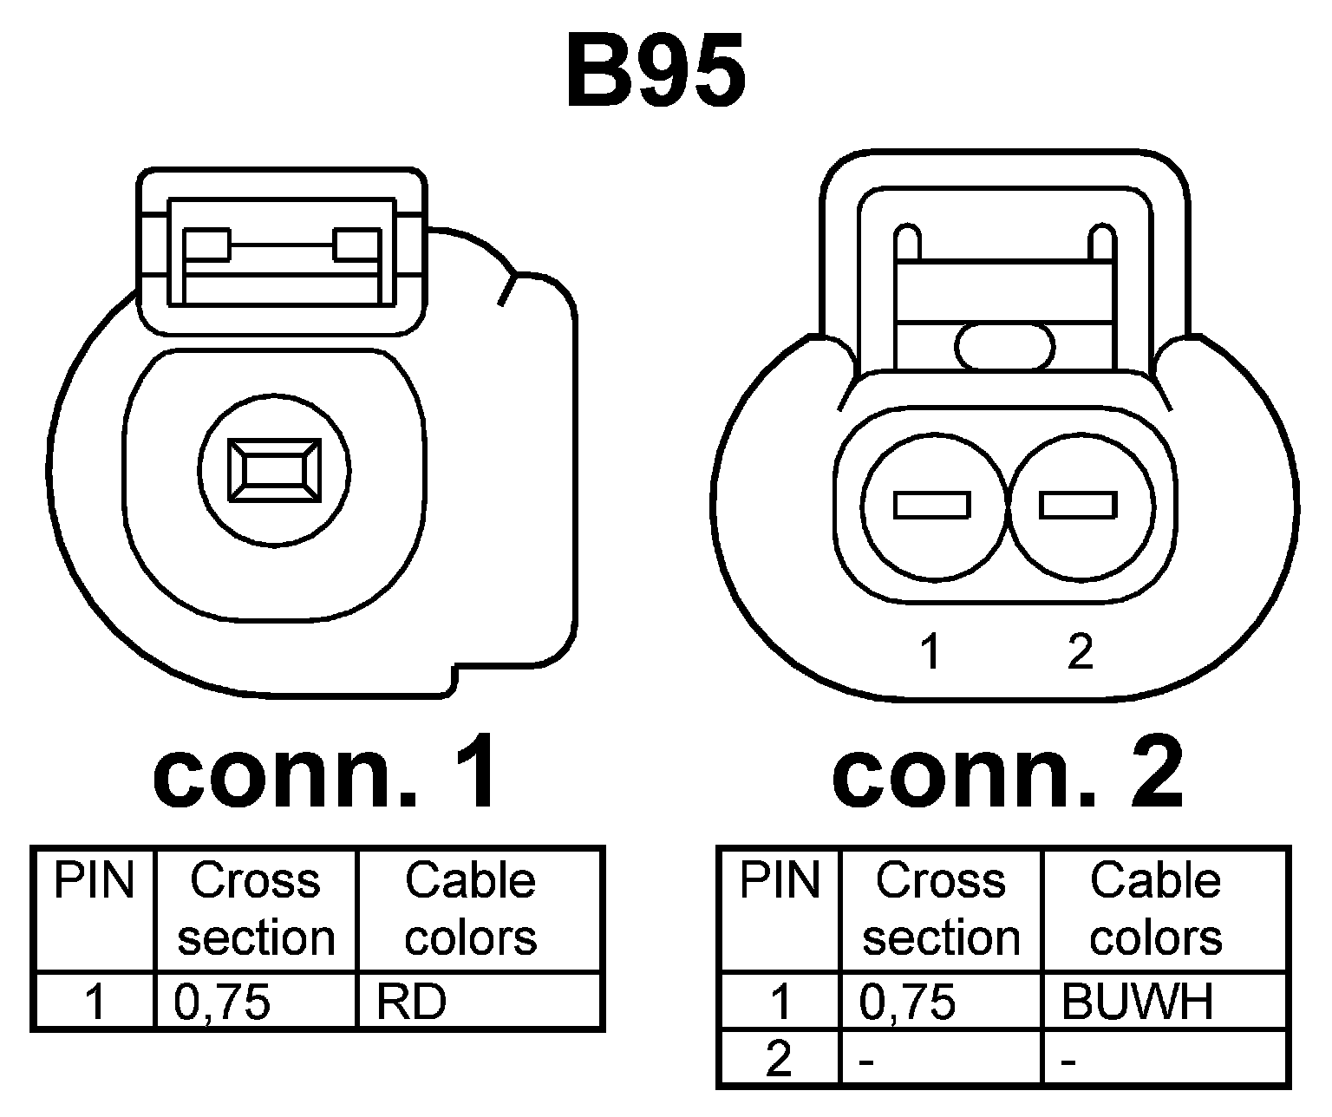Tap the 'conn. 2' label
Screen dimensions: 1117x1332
[x=1008, y=770]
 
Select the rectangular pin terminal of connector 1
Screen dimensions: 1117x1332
[x=273, y=470]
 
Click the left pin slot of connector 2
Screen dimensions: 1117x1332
[x=932, y=505]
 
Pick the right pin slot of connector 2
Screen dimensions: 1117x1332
[x=1078, y=505]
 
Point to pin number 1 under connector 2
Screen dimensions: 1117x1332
[x=931, y=652]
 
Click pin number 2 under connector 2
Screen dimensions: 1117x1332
[x=1080, y=652]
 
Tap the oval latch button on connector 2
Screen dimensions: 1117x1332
[x=1005, y=346]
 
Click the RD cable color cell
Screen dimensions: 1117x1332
[x=412, y=1003]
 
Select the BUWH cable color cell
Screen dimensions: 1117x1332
[x=1137, y=1003]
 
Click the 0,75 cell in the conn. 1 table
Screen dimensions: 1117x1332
[x=223, y=1003]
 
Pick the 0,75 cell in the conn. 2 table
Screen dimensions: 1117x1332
[x=908, y=1003]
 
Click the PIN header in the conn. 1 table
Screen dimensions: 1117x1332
[x=95, y=882]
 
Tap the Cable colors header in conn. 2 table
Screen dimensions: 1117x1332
[x=1156, y=909]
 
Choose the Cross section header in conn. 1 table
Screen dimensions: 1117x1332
[x=256, y=909]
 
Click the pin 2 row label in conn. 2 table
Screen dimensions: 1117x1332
[x=779, y=1059]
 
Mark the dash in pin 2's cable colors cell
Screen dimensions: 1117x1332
[x=1069, y=1061]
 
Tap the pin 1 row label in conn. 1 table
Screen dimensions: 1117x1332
[x=95, y=1003]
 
